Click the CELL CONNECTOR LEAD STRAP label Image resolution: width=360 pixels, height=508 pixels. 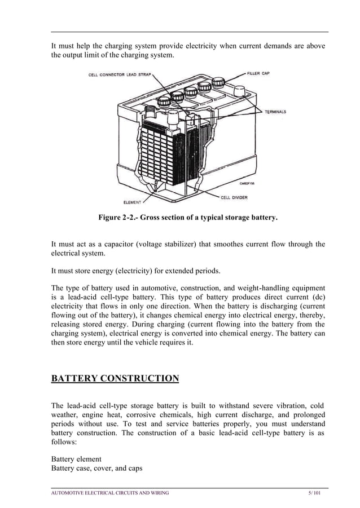[x=119, y=74]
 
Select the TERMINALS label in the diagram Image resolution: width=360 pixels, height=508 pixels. [x=275, y=112]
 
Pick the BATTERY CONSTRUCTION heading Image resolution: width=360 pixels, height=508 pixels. [x=115, y=378]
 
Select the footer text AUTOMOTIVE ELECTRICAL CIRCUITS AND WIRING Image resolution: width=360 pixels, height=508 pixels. [x=110, y=493]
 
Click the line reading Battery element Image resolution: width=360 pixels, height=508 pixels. [x=76, y=459]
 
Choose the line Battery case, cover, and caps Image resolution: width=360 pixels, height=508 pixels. [x=96, y=468]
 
